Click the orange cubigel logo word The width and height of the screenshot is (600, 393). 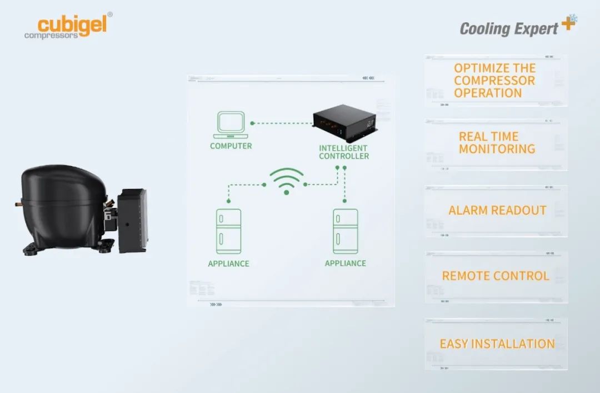point(71,24)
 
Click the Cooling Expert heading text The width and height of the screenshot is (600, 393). point(508,28)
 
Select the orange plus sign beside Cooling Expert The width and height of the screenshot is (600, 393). point(567,23)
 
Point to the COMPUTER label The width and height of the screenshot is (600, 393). point(231,146)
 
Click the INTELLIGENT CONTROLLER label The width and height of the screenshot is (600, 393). point(344,152)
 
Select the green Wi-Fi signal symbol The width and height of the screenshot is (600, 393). point(286,181)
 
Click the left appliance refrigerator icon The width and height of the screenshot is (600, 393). point(228,231)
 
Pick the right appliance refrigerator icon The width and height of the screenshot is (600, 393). point(345,231)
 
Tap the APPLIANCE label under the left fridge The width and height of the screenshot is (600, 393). point(228,263)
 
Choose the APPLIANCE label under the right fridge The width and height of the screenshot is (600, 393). point(345,263)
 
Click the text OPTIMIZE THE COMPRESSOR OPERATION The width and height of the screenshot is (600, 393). point(494,81)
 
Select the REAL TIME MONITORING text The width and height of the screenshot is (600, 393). point(497,143)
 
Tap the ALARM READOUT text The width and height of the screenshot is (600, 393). point(497,211)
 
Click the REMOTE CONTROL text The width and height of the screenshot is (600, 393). point(496,276)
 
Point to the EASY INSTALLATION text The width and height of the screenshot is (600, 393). point(497,344)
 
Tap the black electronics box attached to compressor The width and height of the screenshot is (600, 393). point(133,220)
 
